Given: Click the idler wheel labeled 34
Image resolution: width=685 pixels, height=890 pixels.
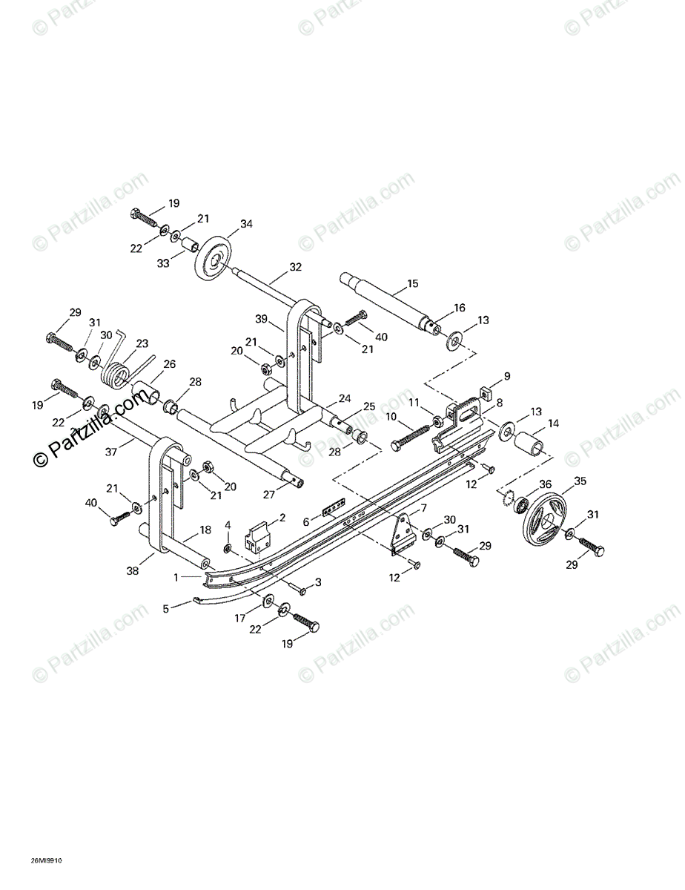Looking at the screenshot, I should click(214, 259).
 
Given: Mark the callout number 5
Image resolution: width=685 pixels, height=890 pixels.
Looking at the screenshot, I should click(166, 608).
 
